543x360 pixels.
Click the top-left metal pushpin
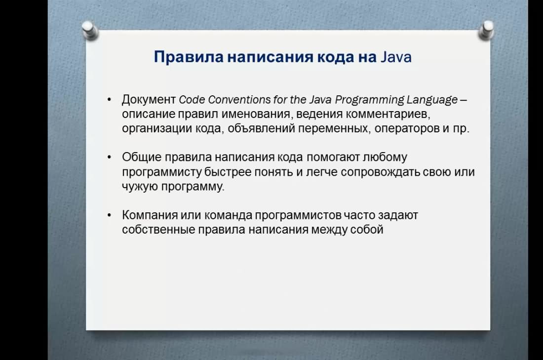click(90, 31)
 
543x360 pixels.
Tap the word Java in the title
click(396, 57)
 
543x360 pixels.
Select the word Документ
click(149, 100)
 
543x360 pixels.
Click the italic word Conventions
click(239, 100)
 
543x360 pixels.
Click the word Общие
click(142, 157)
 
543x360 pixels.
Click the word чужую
click(140, 186)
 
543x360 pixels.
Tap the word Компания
click(150, 215)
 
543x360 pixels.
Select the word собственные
click(158, 229)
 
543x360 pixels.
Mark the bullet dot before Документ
click(110, 100)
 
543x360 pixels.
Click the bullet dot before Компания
click(110, 215)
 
